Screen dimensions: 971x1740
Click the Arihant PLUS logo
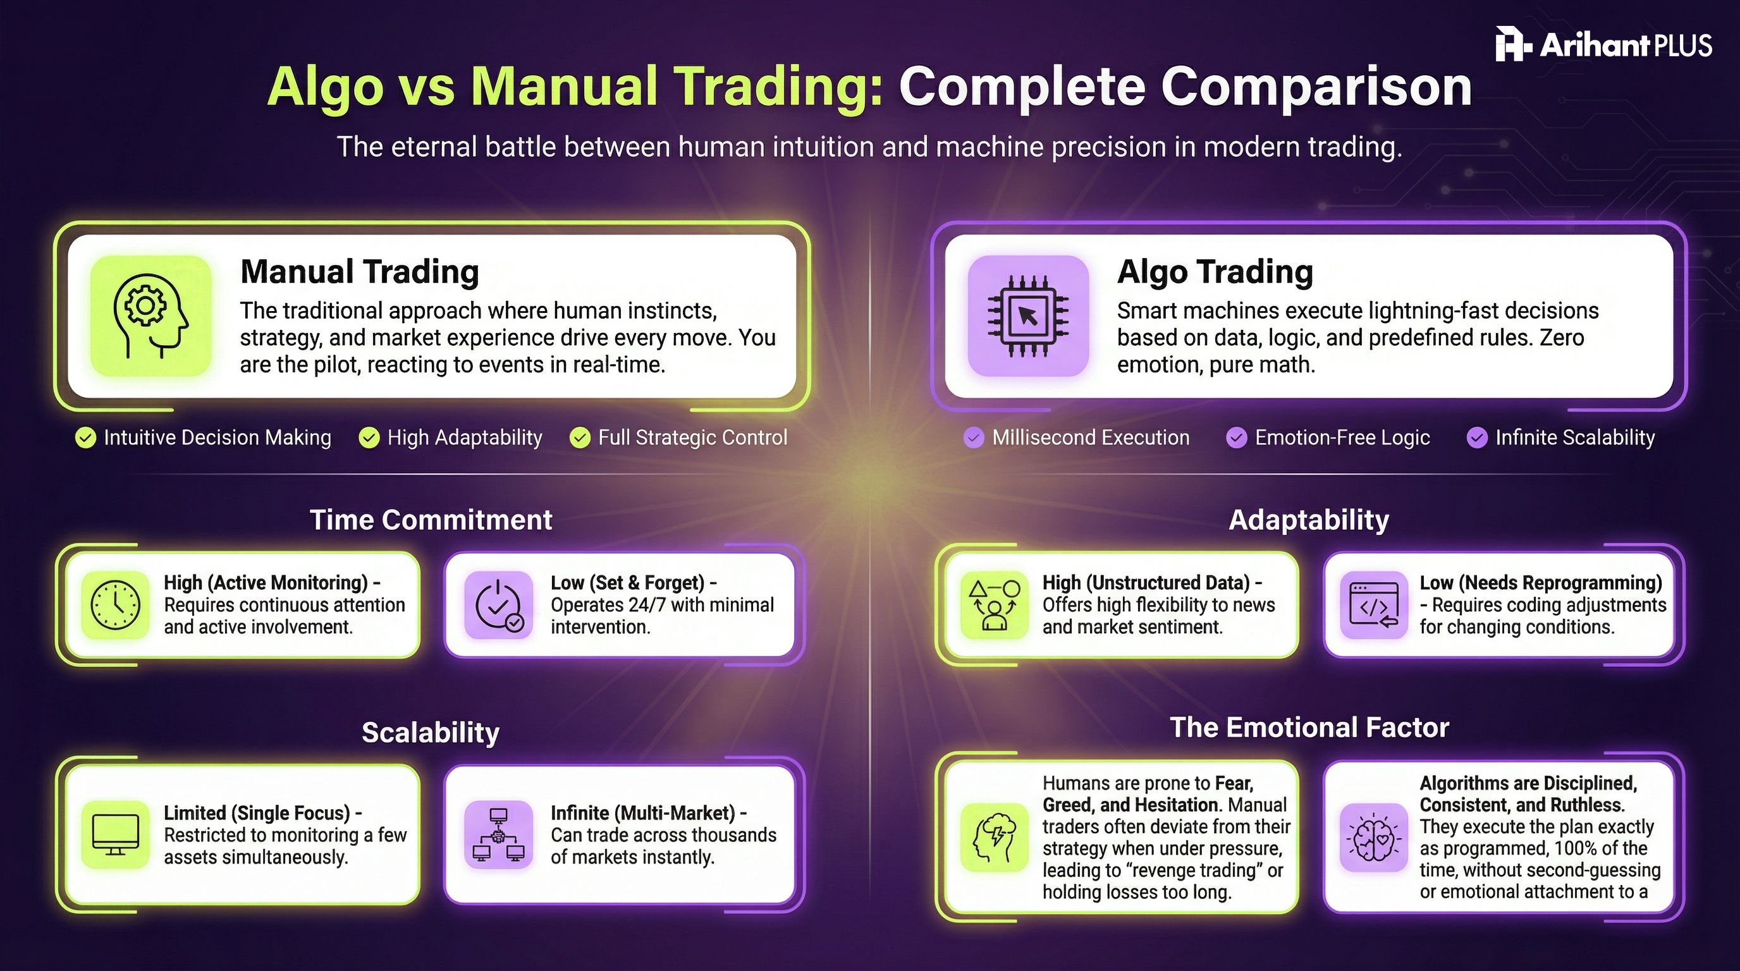point(1603,44)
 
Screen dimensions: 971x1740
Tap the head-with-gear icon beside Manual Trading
point(150,315)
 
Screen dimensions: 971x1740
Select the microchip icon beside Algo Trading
point(1027,315)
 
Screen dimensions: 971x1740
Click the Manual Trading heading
point(359,271)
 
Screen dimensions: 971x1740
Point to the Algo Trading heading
point(1215,271)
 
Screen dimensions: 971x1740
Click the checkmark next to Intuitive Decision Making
point(86,438)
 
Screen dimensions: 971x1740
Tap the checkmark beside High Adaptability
point(369,438)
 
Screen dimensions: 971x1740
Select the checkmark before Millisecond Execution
point(973,438)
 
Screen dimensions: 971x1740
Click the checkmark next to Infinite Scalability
point(1476,438)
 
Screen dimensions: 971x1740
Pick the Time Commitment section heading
point(431,520)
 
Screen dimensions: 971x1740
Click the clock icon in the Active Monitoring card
point(116,604)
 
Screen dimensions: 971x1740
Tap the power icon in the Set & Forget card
point(498,604)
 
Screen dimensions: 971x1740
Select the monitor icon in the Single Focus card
point(116,834)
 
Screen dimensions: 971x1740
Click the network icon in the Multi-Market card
point(498,834)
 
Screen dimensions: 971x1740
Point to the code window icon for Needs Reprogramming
point(1373,604)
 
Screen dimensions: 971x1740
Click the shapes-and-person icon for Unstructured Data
point(994,604)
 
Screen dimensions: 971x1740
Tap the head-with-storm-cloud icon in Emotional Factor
point(994,838)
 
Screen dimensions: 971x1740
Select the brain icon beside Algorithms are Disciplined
point(1373,838)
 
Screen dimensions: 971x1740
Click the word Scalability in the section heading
point(431,733)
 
